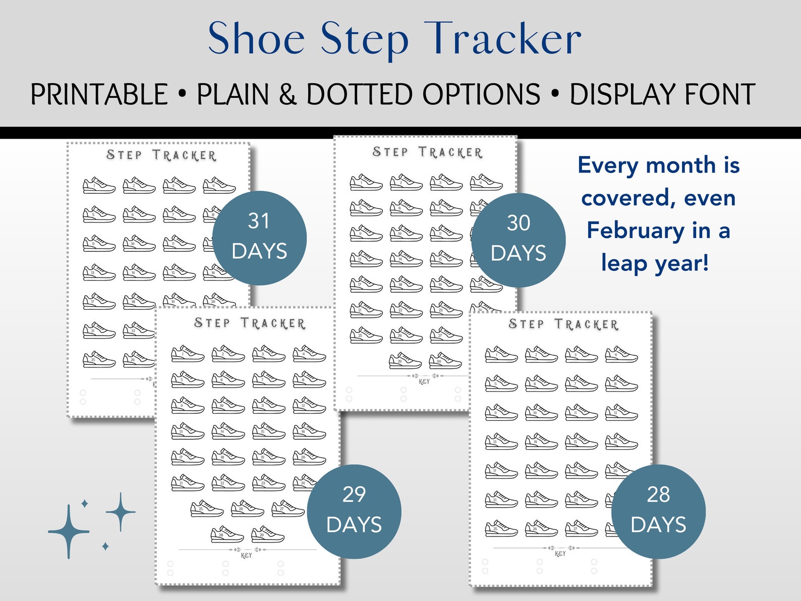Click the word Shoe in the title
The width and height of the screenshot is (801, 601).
tap(256, 39)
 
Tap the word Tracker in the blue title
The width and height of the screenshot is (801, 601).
tap(504, 39)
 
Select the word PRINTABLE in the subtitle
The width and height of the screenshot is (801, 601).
tap(99, 94)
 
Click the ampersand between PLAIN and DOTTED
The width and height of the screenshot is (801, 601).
tap(288, 94)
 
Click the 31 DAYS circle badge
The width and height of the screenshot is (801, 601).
tap(259, 238)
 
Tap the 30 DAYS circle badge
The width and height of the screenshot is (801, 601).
tap(518, 240)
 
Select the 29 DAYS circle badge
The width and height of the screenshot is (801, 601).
tap(354, 511)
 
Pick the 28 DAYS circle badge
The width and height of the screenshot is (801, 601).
tap(658, 511)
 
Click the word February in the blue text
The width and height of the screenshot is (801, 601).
tap(635, 231)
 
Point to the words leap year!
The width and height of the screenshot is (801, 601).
tap(655, 263)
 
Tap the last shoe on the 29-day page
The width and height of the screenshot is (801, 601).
tap(267, 534)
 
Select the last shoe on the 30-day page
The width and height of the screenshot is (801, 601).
tap(445, 361)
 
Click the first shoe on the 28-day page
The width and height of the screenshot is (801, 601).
tap(501, 355)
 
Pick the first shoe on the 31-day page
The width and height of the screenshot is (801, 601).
tap(99, 185)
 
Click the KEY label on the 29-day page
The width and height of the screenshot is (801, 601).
tap(246, 556)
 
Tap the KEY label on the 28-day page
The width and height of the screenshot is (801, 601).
tap(560, 554)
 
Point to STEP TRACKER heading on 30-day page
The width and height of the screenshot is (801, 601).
tap(427, 152)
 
